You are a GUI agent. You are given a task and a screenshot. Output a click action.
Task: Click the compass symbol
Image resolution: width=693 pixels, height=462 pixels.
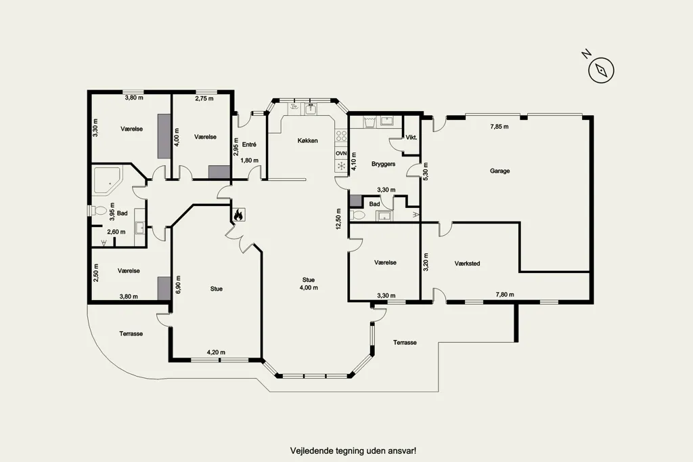pos(601,70)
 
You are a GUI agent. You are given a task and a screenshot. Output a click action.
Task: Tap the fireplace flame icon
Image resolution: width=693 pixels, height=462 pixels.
pos(238,215)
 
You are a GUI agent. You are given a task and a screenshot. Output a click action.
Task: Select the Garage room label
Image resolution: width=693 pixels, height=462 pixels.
pos(499,171)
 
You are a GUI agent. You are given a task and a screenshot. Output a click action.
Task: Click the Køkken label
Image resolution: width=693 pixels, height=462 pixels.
pos(308,141)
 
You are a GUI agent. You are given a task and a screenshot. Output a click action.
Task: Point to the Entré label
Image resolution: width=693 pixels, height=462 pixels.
pos(249,145)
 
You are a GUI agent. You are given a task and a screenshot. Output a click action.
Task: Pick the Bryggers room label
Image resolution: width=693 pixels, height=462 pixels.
pos(383,164)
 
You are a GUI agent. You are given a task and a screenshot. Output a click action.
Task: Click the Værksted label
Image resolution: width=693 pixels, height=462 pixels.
pos(467,264)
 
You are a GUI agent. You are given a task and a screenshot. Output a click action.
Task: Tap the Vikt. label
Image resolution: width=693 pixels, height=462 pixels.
pos(411,138)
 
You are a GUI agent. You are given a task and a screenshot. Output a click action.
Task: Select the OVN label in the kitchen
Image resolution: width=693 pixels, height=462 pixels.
pos(341,153)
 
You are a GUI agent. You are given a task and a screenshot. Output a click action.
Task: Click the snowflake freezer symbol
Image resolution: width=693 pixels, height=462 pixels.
pos(341,166)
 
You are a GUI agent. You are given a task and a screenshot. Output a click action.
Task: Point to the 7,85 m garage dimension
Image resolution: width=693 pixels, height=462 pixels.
pos(499,127)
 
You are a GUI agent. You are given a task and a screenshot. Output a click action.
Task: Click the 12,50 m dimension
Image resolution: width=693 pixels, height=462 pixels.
pos(338,219)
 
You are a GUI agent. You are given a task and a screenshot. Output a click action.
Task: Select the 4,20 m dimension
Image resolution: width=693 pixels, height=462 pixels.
pos(216,352)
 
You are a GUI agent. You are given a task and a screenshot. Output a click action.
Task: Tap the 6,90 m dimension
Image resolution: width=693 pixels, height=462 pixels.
pos(178,285)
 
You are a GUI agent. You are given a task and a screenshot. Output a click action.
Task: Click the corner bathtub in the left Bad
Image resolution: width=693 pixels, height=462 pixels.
pos(106,181)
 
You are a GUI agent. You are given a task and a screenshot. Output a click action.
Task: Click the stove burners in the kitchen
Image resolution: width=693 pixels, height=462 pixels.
pos(341,136)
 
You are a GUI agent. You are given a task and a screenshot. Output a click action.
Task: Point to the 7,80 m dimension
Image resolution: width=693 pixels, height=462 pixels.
pos(505,294)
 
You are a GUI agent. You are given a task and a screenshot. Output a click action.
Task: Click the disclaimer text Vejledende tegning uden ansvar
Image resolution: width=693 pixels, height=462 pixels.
pos(353,451)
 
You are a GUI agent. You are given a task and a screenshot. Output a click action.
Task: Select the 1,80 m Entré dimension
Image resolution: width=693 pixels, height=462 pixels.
pos(249,160)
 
